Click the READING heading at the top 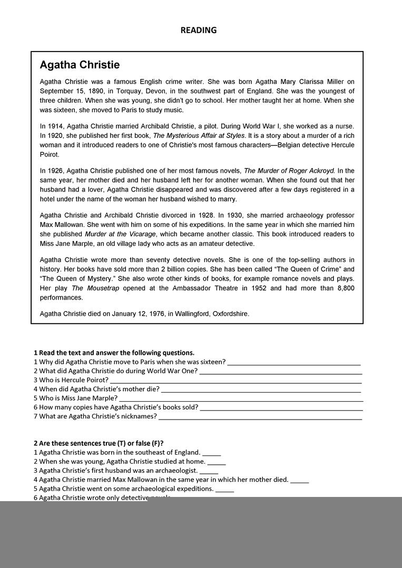coord(198,30)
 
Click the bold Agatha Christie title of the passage coord(80,65)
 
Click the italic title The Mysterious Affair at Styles coord(199,136)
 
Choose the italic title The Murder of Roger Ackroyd coord(289,171)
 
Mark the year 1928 coord(204,215)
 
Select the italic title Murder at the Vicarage coord(120,234)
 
